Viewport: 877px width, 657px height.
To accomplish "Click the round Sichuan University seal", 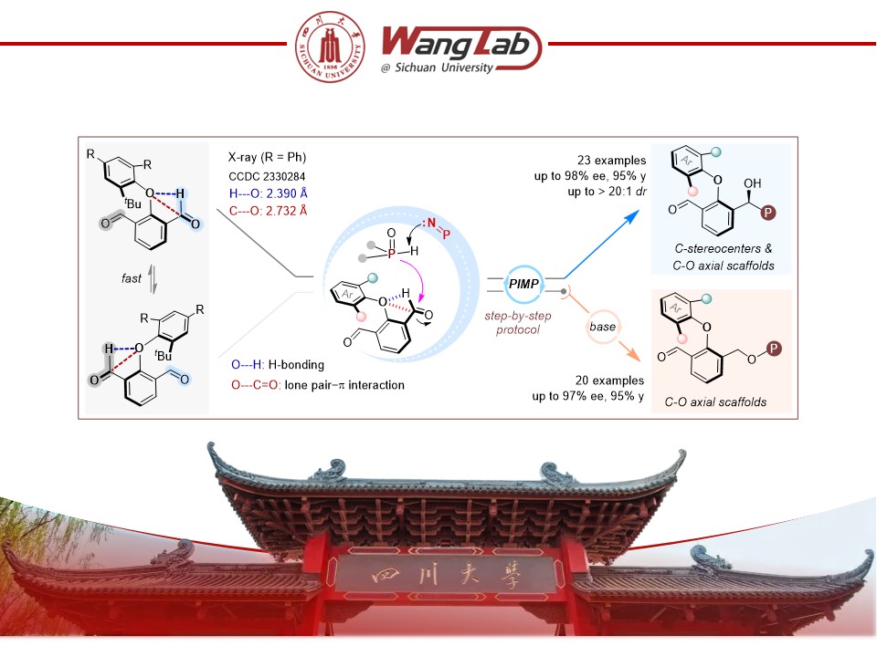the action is coord(331,47).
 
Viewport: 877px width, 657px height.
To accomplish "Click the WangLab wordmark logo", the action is coord(461,49).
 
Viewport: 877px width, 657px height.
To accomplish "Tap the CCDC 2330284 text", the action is coord(267,176).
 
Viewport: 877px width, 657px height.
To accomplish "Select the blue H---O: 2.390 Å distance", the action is coord(269,193).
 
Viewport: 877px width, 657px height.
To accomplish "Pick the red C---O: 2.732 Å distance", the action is coord(269,211).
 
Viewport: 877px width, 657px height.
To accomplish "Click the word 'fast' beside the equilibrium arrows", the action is coord(132,277).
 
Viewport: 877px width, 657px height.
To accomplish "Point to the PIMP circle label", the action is coord(523,284).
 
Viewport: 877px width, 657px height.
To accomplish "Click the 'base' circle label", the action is coord(602,327).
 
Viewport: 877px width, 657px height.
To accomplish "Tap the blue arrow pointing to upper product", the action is coord(602,245).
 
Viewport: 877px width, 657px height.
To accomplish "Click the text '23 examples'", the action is coord(612,161).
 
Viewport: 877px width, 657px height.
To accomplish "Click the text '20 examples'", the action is coord(609,381).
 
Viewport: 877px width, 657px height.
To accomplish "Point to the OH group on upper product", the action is coord(752,183).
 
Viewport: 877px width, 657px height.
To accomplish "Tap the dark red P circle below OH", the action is coord(767,213).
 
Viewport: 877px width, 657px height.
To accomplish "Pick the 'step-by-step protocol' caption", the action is coord(518,322).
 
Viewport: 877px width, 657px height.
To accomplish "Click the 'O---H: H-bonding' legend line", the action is coord(278,365).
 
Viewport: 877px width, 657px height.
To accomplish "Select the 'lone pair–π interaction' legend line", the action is coord(318,385).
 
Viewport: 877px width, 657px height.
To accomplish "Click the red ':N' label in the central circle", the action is coord(428,223).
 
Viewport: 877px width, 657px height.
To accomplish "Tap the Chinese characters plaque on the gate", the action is coord(447,574).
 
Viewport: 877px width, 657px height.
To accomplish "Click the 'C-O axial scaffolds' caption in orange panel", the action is coord(715,401).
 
